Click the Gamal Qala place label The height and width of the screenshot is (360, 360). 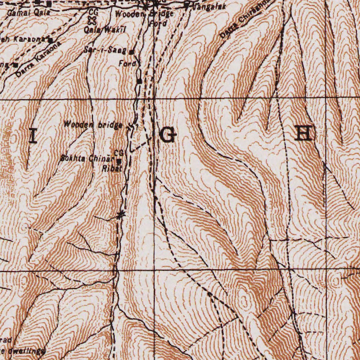pos(28,13)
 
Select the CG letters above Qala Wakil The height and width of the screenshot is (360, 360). pos(93,12)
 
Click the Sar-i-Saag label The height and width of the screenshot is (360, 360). pos(106,50)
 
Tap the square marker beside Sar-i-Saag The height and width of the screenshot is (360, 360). pos(131,52)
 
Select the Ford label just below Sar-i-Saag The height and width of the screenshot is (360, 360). pos(125,64)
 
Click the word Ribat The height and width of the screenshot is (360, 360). pos(111,168)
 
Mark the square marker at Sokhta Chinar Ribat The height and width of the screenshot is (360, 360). pos(119,161)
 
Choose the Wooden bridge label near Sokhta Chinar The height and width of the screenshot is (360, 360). pos(93,124)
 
